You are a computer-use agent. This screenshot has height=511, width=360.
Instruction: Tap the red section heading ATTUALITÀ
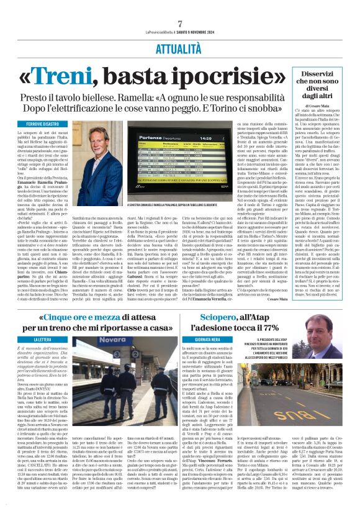pyautogui.click(x=180, y=47)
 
